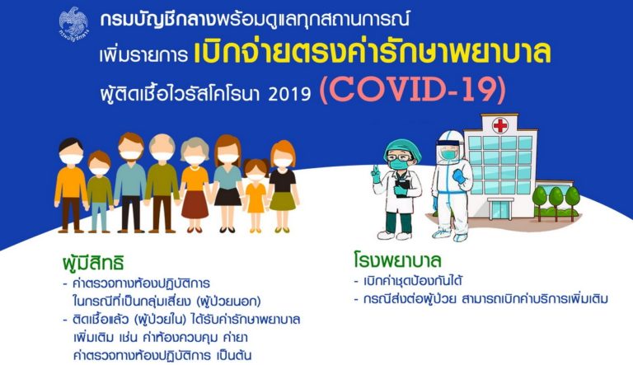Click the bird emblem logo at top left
point(73,24)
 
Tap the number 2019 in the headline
point(289,95)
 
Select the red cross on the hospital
point(499,125)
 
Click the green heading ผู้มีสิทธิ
point(93,262)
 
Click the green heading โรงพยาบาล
point(397,260)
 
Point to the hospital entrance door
point(500,208)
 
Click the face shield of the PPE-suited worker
point(448,149)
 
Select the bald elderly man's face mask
point(162,157)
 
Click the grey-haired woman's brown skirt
point(195,204)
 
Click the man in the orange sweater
point(71,185)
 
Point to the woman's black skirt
point(227,197)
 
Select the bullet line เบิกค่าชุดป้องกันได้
point(408,281)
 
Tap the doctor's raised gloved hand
point(376,174)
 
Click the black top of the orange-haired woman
point(283,180)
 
